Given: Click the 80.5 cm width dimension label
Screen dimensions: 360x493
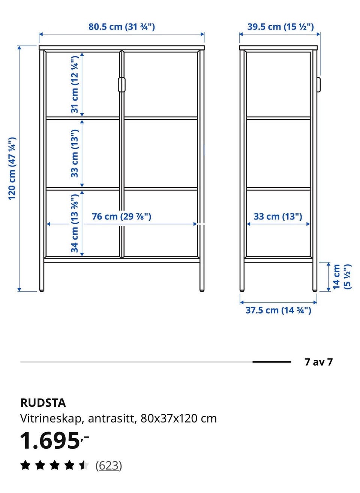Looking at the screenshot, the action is pyautogui.click(x=121, y=27).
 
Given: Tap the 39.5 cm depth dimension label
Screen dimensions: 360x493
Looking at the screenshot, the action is pyautogui.click(x=280, y=27).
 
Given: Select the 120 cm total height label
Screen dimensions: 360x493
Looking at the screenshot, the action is pyautogui.click(x=12, y=169).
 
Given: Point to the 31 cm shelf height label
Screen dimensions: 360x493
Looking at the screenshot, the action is pyautogui.click(x=75, y=84).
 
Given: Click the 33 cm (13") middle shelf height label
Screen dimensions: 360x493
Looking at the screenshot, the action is pyautogui.click(x=75, y=153).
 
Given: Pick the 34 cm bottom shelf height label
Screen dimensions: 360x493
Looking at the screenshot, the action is pyautogui.click(x=75, y=223).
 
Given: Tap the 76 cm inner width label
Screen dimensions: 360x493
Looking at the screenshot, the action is pyautogui.click(x=121, y=216).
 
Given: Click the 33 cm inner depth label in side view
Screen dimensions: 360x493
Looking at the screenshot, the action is pyautogui.click(x=278, y=216).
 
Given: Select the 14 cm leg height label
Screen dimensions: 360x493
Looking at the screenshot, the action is pyautogui.click(x=342, y=277).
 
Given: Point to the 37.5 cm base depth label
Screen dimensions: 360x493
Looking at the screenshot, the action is pyautogui.click(x=278, y=310).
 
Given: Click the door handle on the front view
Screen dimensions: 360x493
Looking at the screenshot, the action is pyautogui.click(x=121, y=84).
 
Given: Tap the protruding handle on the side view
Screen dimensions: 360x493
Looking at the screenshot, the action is pyautogui.click(x=319, y=84).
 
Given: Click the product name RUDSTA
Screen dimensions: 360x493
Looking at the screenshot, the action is pyautogui.click(x=43, y=403).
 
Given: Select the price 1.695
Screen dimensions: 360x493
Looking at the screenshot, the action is pyautogui.click(x=50, y=440).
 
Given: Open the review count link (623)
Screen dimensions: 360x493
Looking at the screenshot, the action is pyautogui.click(x=108, y=466).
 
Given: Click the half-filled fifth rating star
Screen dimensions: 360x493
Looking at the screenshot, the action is pyautogui.click(x=84, y=465).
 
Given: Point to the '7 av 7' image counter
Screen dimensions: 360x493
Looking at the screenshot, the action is pyautogui.click(x=319, y=362).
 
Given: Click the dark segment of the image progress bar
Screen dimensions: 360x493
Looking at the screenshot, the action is pyautogui.click(x=272, y=362).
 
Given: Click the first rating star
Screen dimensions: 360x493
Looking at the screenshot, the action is pyautogui.click(x=25, y=465).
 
